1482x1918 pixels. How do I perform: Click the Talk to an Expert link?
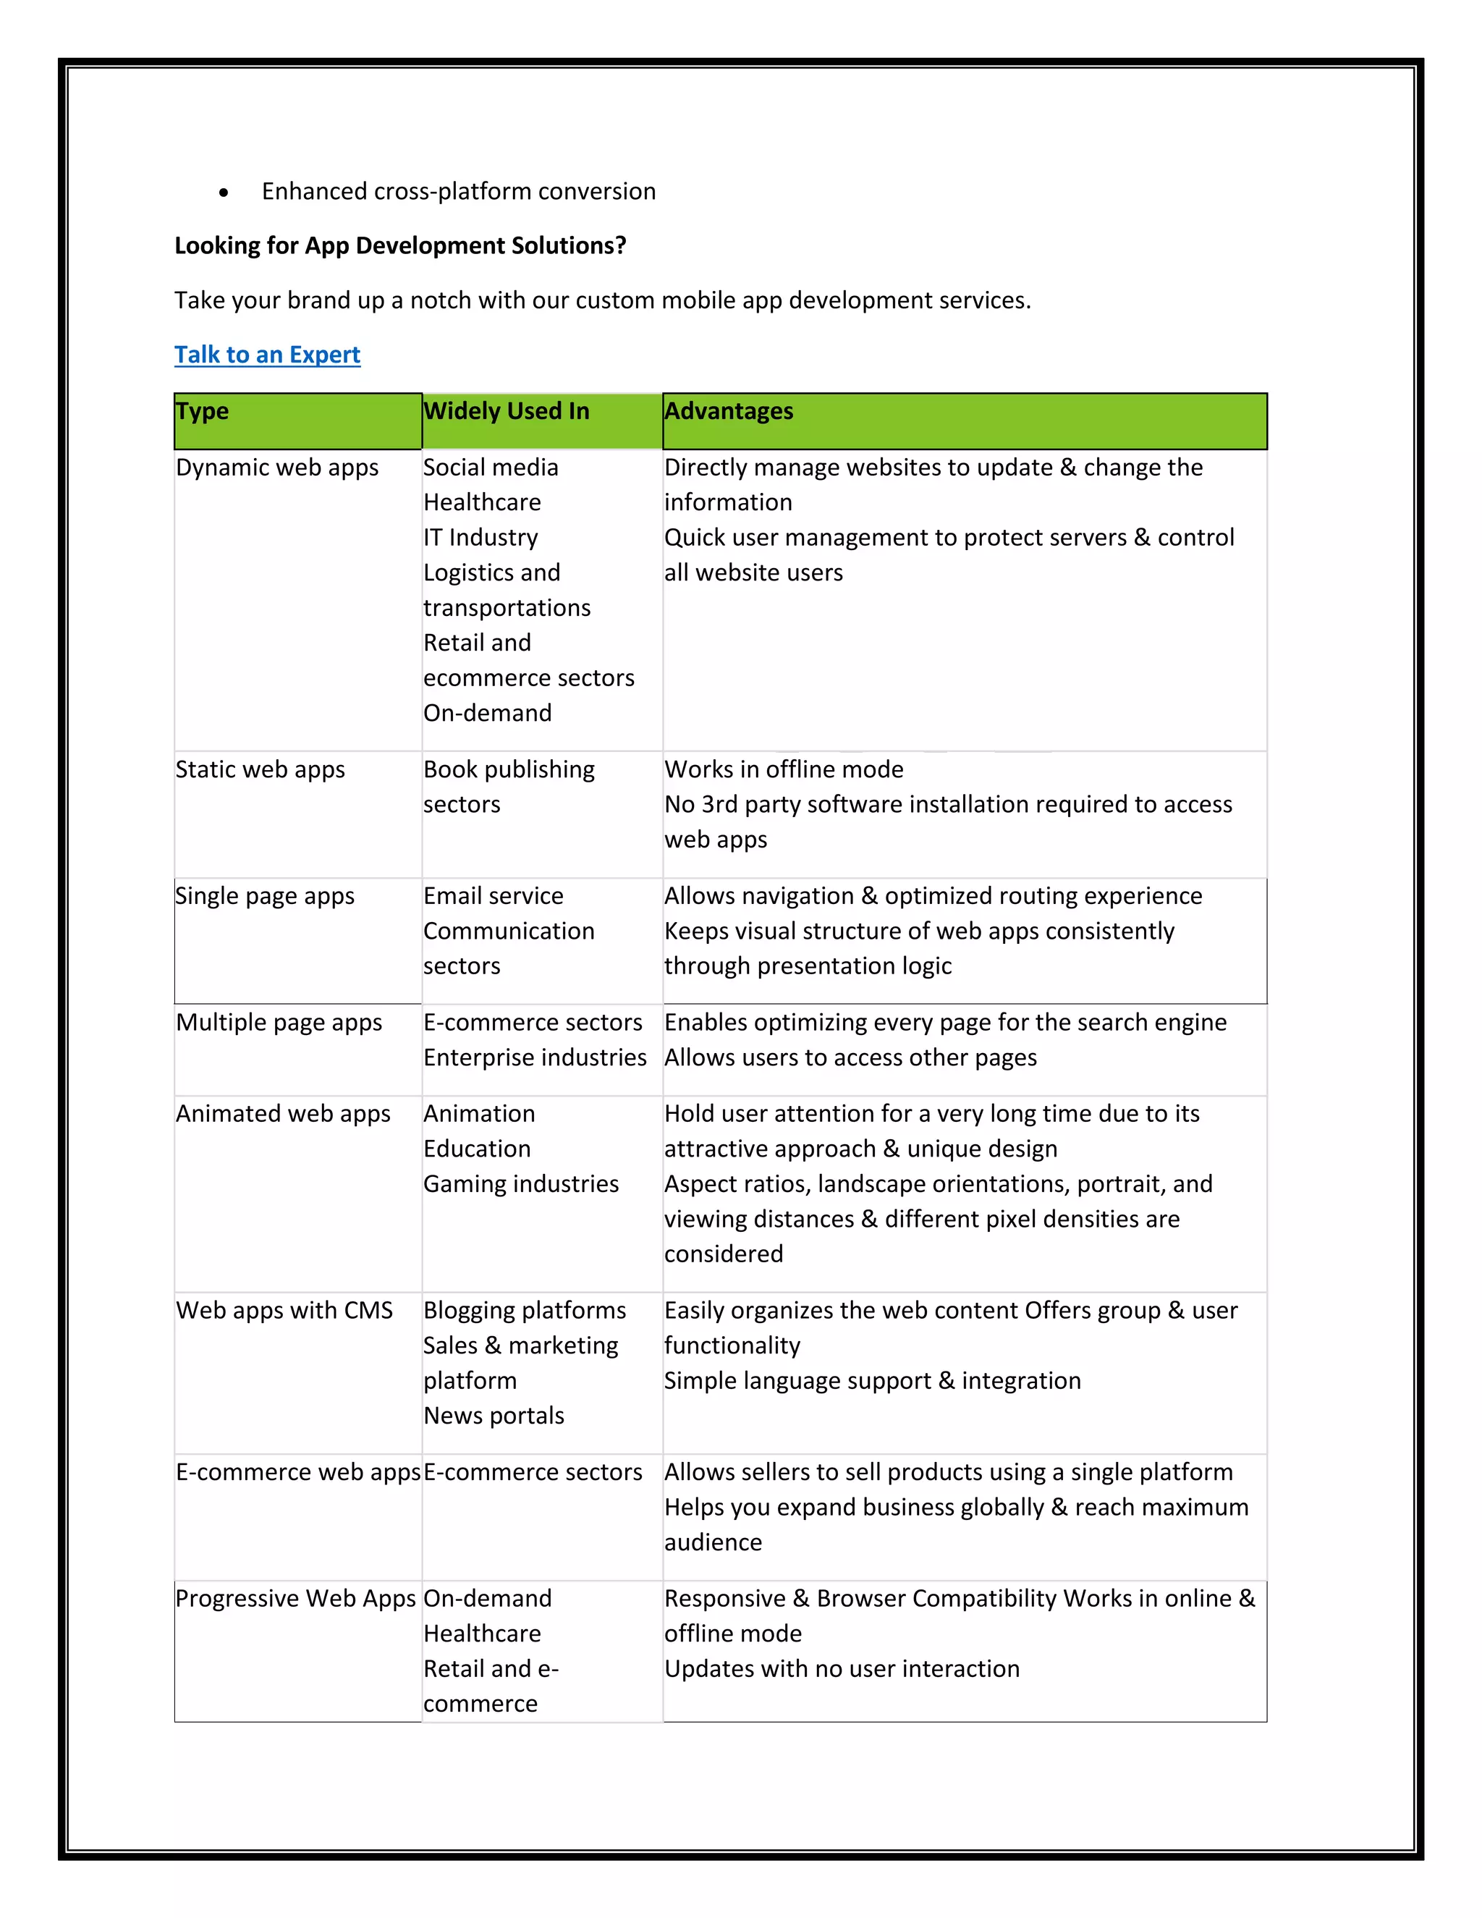[267, 355]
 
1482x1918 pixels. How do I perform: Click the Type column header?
[202, 411]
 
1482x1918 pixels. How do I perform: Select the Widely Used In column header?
[506, 411]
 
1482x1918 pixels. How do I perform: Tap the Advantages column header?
[728, 411]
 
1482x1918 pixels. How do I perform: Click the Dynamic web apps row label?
[276, 468]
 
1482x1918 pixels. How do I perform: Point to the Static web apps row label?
[260, 769]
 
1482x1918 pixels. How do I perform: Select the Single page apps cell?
[264, 896]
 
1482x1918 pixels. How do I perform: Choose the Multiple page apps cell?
[279, 1022]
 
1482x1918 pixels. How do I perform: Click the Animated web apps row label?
[283, 1114]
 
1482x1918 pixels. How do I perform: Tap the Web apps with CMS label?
[284, 1310]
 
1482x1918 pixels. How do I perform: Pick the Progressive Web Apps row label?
[295, 1598]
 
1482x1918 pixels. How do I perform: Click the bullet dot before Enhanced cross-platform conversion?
[224, 193]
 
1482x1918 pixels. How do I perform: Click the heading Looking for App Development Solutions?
[399, 246]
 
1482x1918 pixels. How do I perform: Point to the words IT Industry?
[480, 538]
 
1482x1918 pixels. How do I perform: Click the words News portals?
[494, 1416]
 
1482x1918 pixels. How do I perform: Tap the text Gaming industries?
[520, 1184]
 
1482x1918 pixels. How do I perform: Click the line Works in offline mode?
[783, 769]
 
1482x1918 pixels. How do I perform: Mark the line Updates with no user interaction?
[841, 1668]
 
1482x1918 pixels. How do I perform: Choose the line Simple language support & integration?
[872, 1380]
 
